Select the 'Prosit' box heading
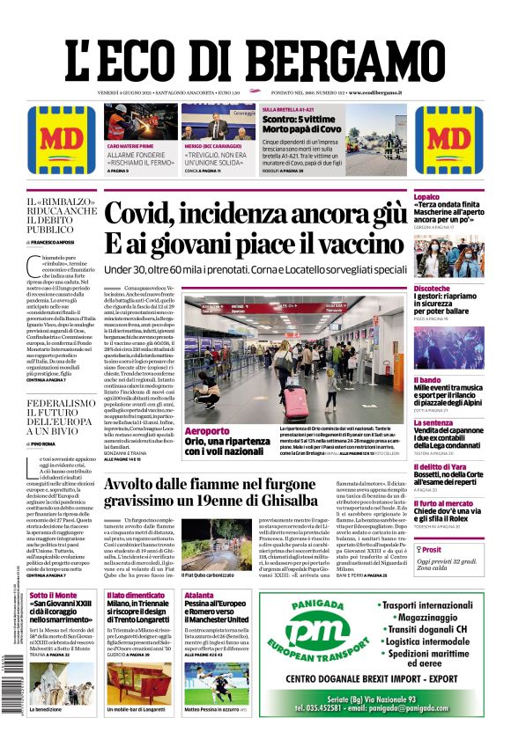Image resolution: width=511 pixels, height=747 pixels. point(432,548)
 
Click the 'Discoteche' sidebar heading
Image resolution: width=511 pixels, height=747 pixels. point(432,289)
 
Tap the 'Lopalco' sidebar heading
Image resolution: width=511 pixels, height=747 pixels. point(426,197)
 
